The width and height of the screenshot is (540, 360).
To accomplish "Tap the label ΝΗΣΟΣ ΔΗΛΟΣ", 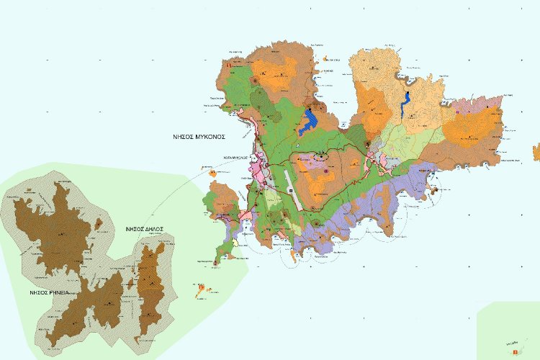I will pos(144,229).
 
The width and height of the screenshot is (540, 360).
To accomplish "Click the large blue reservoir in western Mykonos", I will pos(310,117).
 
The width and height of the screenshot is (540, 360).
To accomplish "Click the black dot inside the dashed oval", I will pos(320,155).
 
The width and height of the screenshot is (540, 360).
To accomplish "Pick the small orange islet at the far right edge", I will pos(536,152).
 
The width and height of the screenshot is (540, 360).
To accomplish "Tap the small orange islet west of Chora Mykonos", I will pos(213,173).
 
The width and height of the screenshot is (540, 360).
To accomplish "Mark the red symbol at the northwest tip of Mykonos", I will pos(229,66).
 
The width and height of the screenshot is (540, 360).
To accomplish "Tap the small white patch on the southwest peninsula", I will pos(235,243).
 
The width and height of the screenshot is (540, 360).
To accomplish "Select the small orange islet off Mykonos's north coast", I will pos(328,58).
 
